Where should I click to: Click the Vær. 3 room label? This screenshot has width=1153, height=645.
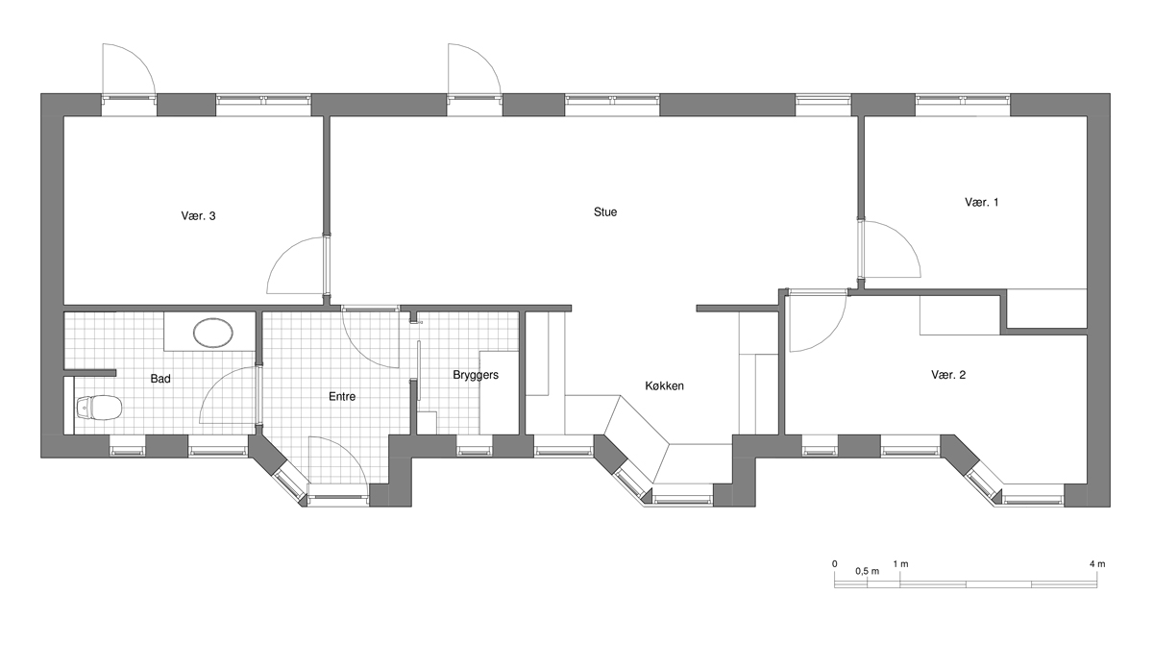point(198,216)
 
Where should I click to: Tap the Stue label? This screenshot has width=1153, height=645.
point(605,212)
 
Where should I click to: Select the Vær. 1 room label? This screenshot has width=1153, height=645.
point(982,202)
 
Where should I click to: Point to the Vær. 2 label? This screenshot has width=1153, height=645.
point(948,375)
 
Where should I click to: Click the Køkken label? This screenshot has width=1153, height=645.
point(665,385)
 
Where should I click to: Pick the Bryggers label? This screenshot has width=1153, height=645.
point(476,375)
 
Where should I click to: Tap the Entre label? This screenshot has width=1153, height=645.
point(342,396)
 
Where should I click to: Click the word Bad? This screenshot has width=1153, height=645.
point(160,379)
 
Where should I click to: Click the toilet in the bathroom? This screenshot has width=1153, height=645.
point(99,408)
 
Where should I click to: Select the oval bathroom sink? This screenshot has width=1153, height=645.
point(212,333)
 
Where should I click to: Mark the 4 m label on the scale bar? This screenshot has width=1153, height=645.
point(1097,564)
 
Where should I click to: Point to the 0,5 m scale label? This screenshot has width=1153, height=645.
point(868,571)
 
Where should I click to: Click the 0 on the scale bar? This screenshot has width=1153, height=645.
point(834,564)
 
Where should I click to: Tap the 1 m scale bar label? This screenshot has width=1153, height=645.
point(901,564)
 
